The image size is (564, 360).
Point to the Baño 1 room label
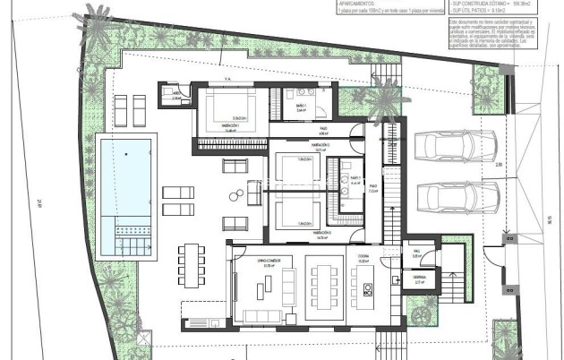[300, 109]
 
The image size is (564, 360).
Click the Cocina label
[365, 253]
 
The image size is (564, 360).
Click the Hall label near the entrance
[415, 253]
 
